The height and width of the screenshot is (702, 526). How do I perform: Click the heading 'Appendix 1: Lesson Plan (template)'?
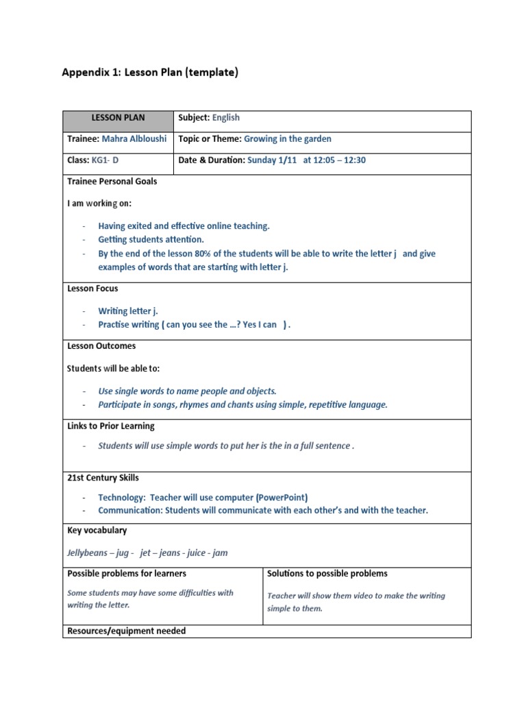pos(150,73)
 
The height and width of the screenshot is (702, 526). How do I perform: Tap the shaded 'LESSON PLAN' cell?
pos(118,118)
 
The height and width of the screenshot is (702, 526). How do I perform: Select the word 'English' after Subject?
pos(226,118)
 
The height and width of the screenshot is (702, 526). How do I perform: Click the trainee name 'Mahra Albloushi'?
pos(134,139)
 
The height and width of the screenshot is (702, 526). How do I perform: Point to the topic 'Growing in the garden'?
pos(288,139)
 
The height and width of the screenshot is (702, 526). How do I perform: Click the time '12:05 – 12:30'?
pos(339,160)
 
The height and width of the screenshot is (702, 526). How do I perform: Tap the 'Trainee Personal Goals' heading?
pos(112,182)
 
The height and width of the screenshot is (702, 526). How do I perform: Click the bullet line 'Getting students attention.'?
pos(151,240)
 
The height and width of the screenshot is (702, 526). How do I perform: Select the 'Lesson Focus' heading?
pos(92,289)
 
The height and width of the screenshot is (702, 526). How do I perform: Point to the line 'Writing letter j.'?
pos(128,311)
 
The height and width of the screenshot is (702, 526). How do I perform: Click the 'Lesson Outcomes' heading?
pos(101,346)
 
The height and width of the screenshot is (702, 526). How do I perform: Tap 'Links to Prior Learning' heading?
pos(111,426)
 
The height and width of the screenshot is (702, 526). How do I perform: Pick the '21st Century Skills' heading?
pos(103,478)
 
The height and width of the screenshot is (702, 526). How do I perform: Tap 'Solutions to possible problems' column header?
pos(327,574)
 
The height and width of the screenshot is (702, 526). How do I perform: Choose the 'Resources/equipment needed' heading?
pos(127,631)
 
